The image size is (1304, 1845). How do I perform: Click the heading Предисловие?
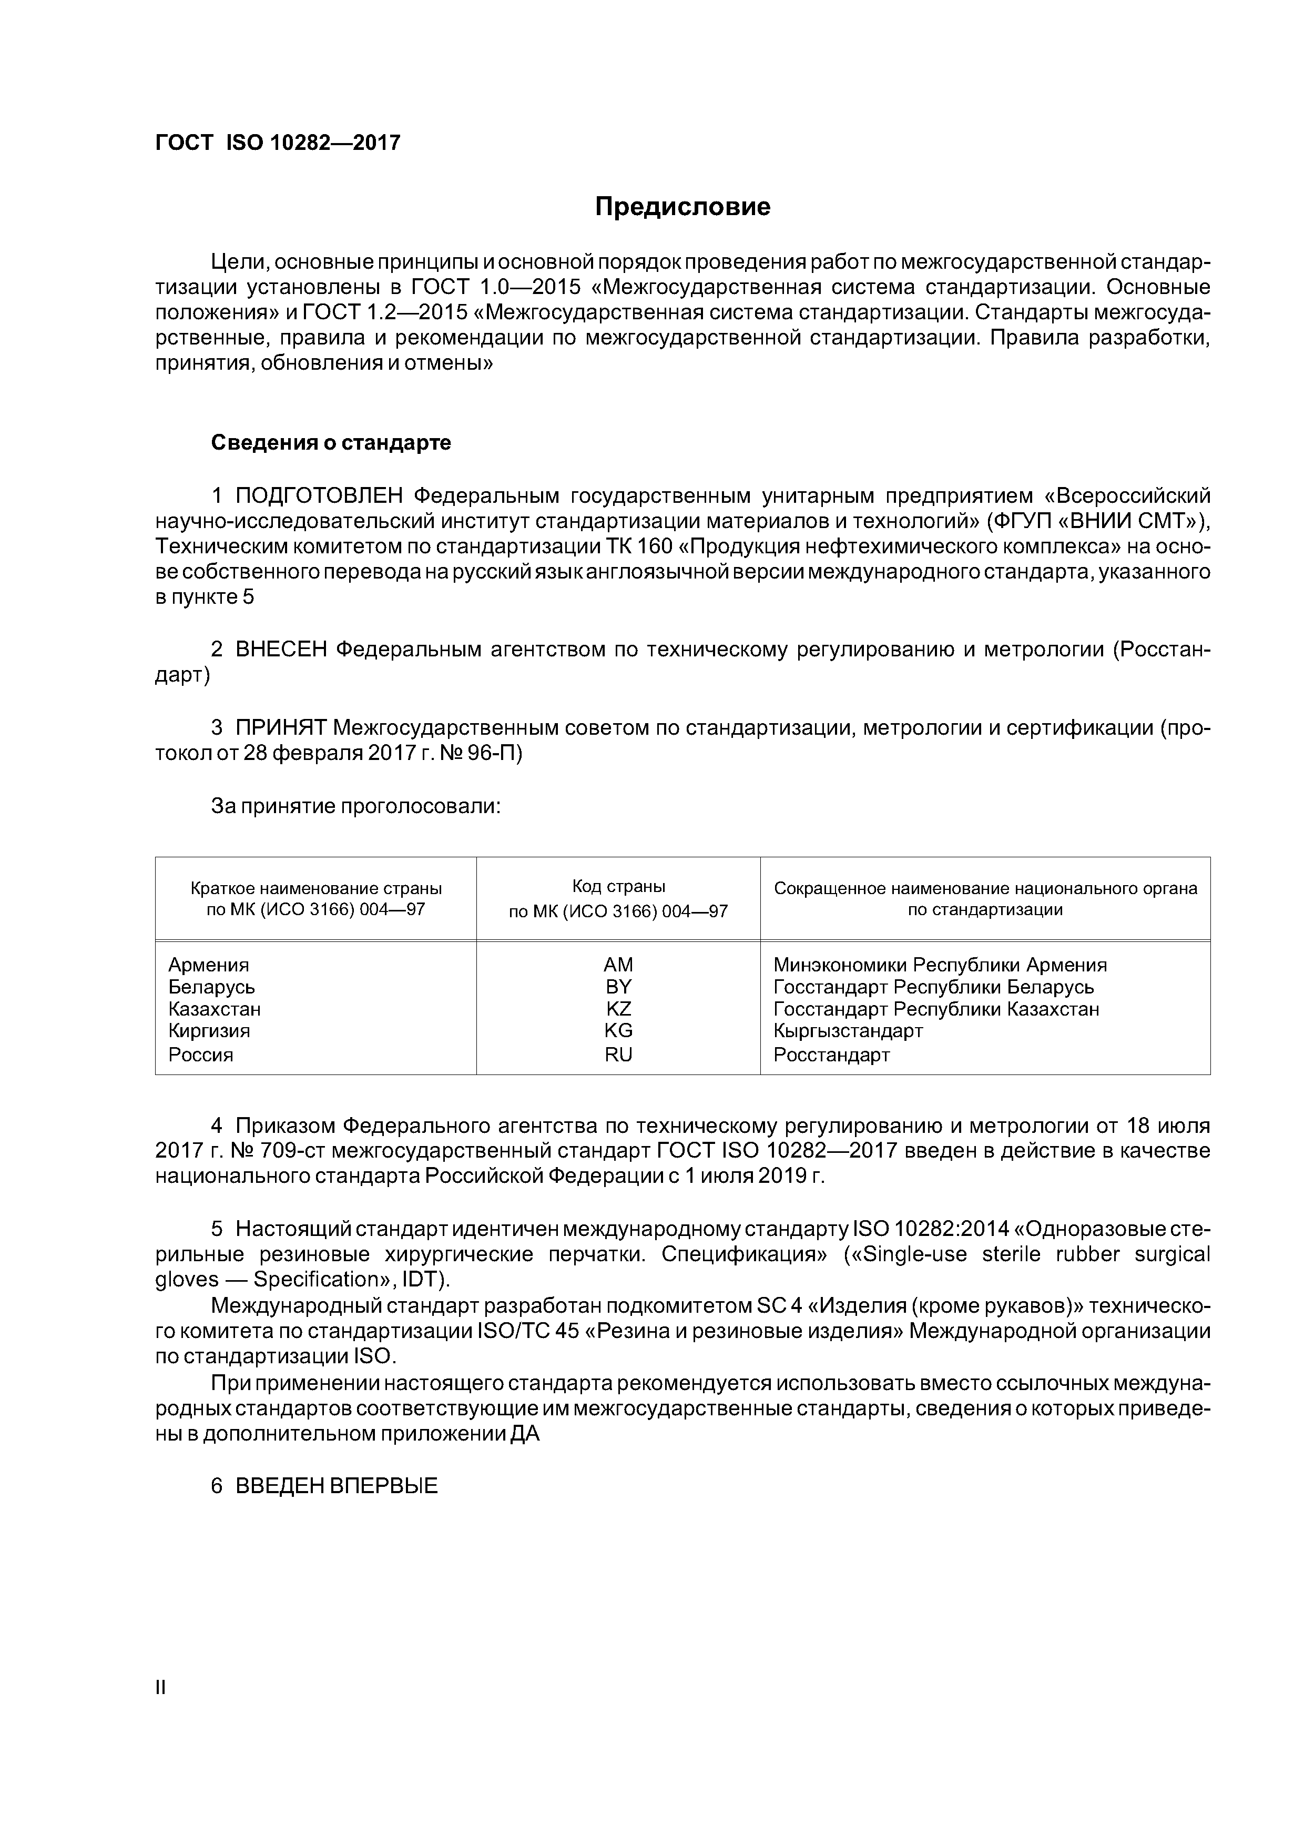pos(682,207)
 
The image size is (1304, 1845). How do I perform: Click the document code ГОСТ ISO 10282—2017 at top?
pos(277,143)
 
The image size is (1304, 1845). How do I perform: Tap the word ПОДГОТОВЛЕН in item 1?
pos(321,496)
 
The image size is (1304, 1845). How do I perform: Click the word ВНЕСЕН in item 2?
pos(281,650)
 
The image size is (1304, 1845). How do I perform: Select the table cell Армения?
pos(208,964)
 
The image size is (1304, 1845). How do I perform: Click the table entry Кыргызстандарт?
pos(848,1030)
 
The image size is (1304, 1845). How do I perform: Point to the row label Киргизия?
pos(209,1030)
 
